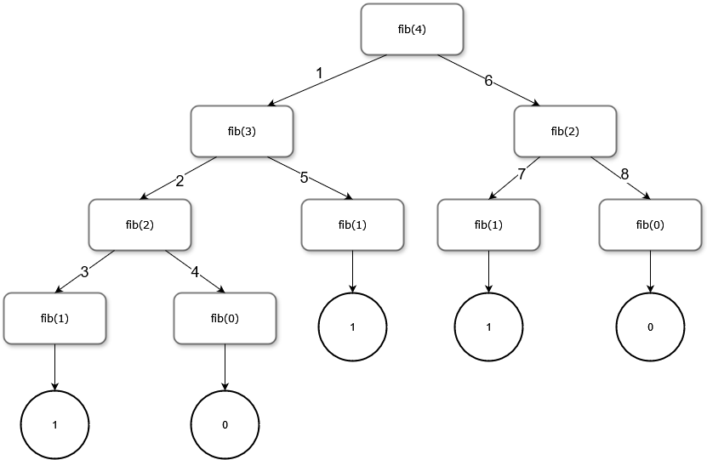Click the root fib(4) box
pyautogui.click(x=412, y=29)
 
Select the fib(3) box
pyautogui.click(x=242, y=131)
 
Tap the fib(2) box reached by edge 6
pyautogui.click(x=565, y=131)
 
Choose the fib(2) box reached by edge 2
pyautogui.click(x=140, y=224)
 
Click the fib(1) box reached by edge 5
pyautogui.click(x=352, y=224)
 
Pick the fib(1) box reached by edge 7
pyautogui.click(x=488, y=224)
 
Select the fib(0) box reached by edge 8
pyautogui.click(x=650, y=224)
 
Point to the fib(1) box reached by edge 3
pyautogui.click(x=54, y=318)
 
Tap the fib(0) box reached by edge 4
pyautogui.click(x=225, y=318)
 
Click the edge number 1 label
pyautogui.click(x=319, y=73)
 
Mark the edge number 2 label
pyautogui.click(x=180, y=180)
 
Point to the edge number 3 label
pyautogui.click(x=84, y=272)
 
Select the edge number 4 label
pyautogui.click(x=195, y=272)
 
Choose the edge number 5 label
pyautogui.click(x=304, y=178)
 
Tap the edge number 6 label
pyautogui.click(x=488, y=81)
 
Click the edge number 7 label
pyautogui.click(x=522, y=174)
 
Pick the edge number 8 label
pyautogui.click(x=624, y=174)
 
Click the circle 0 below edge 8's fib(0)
pyautogui.click(x=650, y=327)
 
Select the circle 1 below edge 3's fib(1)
pyautogui.click(x=54, y=424)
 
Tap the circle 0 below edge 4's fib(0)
pyautogui.click(x=225, y=424)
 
